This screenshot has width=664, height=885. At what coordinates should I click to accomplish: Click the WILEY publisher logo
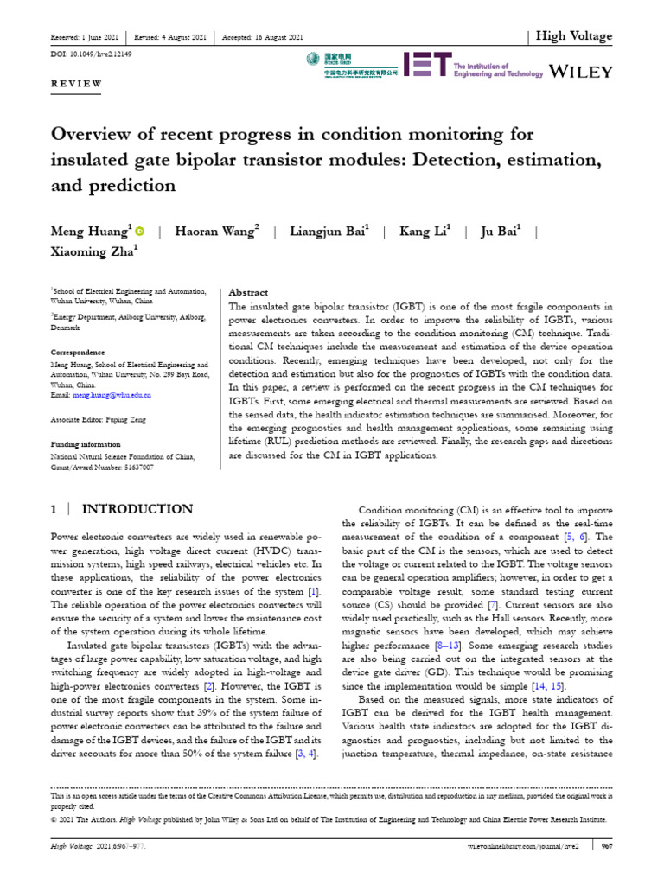pyautogui.click(x=582, y=70)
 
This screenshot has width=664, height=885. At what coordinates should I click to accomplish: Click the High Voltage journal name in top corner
pyautogui.click(x=574, y=36)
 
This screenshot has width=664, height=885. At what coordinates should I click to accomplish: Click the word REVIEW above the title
pyautogui.click(x=77, y=84)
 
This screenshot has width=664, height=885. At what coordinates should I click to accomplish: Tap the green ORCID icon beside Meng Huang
pyautogui.click(x=140, y=232)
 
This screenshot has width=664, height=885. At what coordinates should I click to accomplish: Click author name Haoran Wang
pyautogui.click(x=217, y=232)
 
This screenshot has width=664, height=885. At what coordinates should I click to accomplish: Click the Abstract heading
pyautogui.click(x=246, y=292)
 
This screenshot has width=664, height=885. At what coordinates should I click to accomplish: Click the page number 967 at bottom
pyautogui.click(x=607, y=848)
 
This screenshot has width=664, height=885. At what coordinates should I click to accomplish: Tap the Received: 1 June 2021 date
pyautogui.click(x=86, y=37)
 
